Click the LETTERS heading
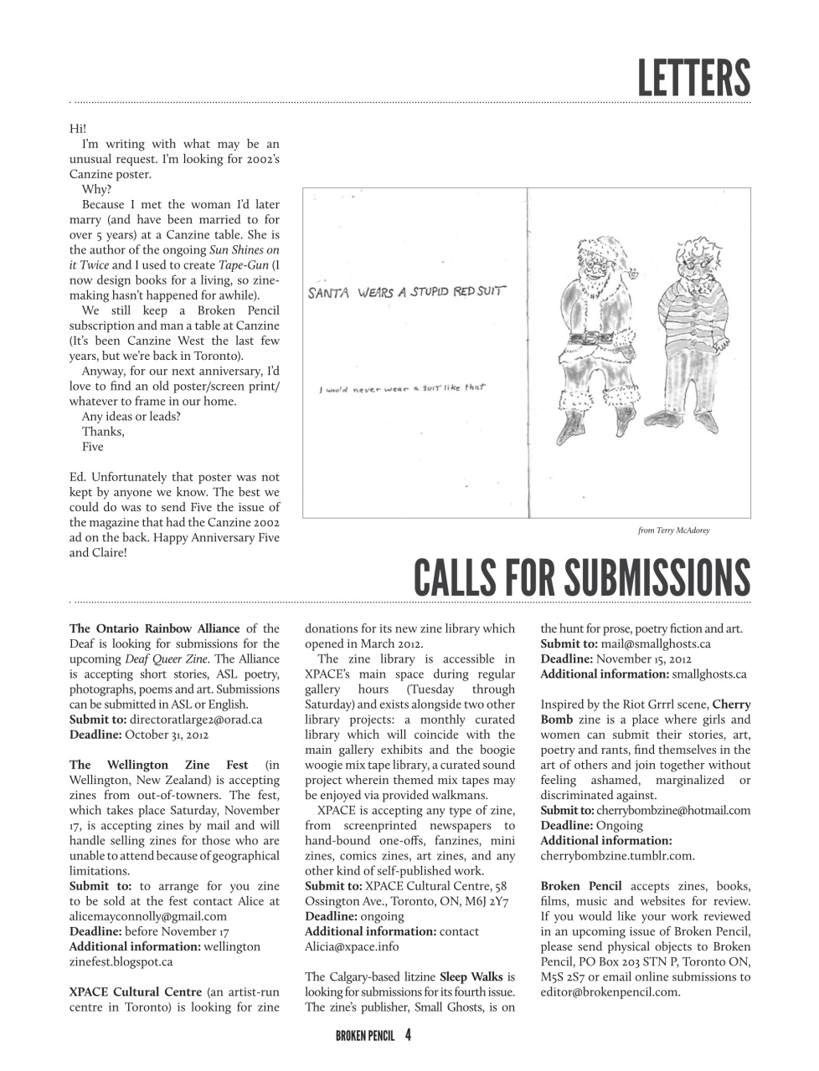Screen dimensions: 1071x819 pyautogui.click(x=693, y=77)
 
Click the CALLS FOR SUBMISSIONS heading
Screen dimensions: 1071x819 pyautogui.click(x=582, y=576)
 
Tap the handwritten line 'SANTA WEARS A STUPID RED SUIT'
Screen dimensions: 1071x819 pyautogui.click(x=407, y=293)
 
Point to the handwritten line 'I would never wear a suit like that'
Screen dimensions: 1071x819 pyautogui.click(x=402, y=388)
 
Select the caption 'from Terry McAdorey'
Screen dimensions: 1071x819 pyautogui.click(x=673, y=530)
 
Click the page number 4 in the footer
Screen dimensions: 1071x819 pyautogui.click(x=408, y=1035)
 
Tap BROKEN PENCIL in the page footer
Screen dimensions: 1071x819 pyautogui.click(x=364, y=1036)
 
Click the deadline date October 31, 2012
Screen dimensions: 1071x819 pyautogui.click(x=167, y=735)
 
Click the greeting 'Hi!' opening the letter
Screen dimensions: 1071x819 pyautogui.click(x=78, y=129)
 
